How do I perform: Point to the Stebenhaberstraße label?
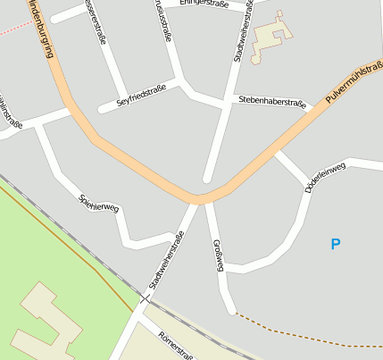[x=271, y=103]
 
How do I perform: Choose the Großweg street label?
[x=218, y=255]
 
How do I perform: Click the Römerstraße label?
[x=176, y=345]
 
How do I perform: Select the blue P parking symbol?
[x=336, y=244]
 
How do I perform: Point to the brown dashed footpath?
[x=304, y=328]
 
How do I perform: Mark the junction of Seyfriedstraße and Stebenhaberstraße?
[x=185, y=86]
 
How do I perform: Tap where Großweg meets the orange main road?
[x=208, y=198]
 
